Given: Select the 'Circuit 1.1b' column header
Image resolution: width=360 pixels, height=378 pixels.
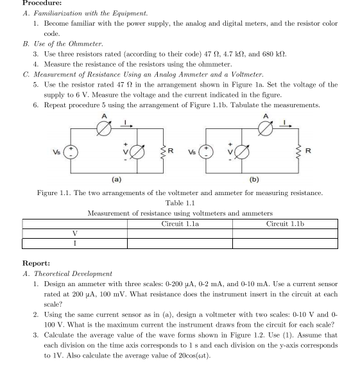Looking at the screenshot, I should [x=284, y=223].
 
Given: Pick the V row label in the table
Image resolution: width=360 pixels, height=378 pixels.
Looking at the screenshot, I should [x=75, y=234].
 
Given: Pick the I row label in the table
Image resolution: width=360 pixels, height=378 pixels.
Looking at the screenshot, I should [x=75, y=243].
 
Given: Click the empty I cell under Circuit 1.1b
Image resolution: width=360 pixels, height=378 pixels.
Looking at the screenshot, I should [x=284, y=243].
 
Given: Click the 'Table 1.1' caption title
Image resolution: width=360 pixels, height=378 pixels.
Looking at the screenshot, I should [x=180, y=203].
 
